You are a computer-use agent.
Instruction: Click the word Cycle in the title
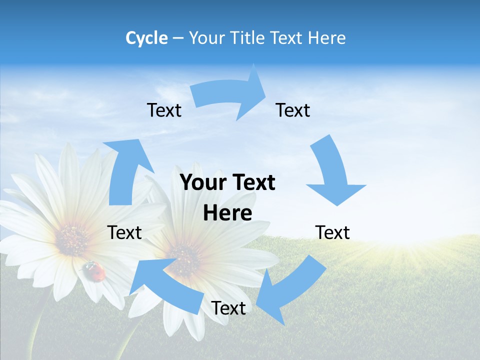[x=146, y=38]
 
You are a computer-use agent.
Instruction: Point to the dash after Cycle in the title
[x=178, y=38]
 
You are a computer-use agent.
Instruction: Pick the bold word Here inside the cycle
[x=227, y=213]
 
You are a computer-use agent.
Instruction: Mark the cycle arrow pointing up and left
[x=165, y=282]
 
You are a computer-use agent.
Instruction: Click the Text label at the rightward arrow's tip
[x=293, y=110]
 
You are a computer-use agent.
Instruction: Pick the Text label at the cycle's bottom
[x=228, y=308]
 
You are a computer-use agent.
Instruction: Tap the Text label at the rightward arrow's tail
[x=164, y=110]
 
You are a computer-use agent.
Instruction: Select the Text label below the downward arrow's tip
[x=332, y=232]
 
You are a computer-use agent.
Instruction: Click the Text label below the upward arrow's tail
[x=124, y=232]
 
